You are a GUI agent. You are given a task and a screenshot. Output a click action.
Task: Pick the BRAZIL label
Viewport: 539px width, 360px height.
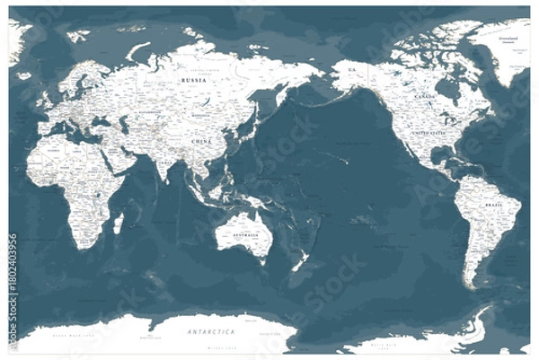pos(493,206)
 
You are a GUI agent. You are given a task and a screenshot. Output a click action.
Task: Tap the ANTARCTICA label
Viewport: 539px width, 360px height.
pos(208,332)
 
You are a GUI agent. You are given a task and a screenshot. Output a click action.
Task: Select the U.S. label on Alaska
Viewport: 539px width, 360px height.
pos(353,70)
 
